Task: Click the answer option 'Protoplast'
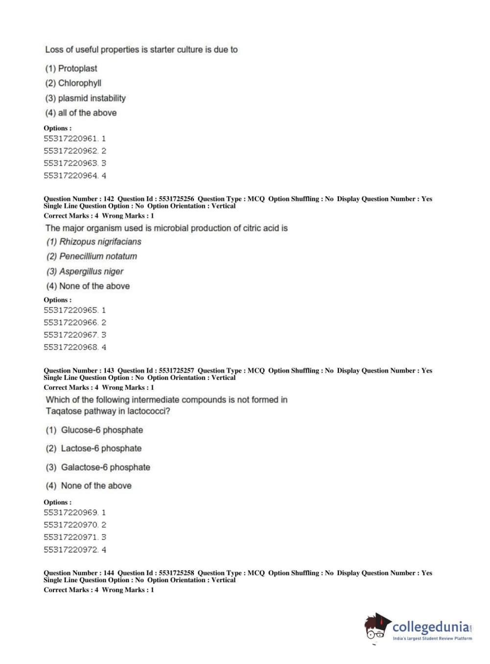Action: [x=77, y=69]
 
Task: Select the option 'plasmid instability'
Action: [x=92, y=98]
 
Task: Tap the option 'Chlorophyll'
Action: [x=79, y=83]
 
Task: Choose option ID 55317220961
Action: [x=71, y=139]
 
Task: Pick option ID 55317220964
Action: [x=71, y=175]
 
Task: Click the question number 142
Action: [x=109, y=199]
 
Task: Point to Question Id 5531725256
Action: [x=176, y=199]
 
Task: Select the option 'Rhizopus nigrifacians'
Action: [x=100, y=241]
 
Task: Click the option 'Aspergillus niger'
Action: [x=91, y=271]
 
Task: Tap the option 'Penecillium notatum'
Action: [x=98, y=256]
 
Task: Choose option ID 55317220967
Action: [x=71, y=335]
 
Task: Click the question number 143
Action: [x=109, y=371]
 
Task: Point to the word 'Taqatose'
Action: [x=64, y=411]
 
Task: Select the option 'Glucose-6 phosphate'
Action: [x=102, y=430]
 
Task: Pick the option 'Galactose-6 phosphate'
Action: [x=105, y=467]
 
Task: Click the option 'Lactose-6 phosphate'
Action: [x=101, y=449]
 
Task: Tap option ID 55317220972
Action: [x=71, y=549]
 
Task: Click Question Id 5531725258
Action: [x=176, y=573]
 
